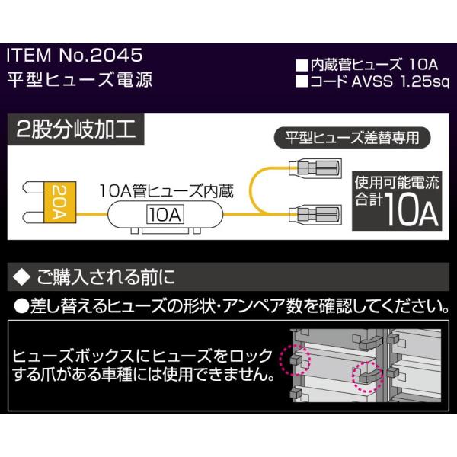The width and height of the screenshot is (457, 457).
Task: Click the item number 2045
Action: pos(116,55)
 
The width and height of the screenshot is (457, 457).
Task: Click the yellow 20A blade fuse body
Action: pos(59,203)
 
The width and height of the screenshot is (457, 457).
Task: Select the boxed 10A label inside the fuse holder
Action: pos(165,215)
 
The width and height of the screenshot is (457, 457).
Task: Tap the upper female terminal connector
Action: pos(315,168)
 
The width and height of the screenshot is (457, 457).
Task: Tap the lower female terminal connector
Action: pos(315,215)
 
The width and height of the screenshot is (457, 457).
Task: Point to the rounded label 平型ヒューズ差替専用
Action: pos(352,138)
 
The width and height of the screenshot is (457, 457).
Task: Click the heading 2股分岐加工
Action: pos(75,129)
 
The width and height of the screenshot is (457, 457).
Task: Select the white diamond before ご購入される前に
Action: pos(22,276)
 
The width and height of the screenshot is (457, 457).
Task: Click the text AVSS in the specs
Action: pos(372,82)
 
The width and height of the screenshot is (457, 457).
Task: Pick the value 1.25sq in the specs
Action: pos(425,82)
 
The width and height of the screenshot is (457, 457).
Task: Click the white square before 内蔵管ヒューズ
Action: pos(302,66)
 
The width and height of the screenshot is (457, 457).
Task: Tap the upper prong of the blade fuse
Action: pos(34,187)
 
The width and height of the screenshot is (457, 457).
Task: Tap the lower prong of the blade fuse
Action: pos(34,217)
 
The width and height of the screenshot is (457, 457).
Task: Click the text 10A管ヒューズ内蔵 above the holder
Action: pos(166,191)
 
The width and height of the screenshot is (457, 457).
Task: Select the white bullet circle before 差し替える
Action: pos(21,306)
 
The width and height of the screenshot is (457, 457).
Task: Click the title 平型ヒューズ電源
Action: pos(79,80)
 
